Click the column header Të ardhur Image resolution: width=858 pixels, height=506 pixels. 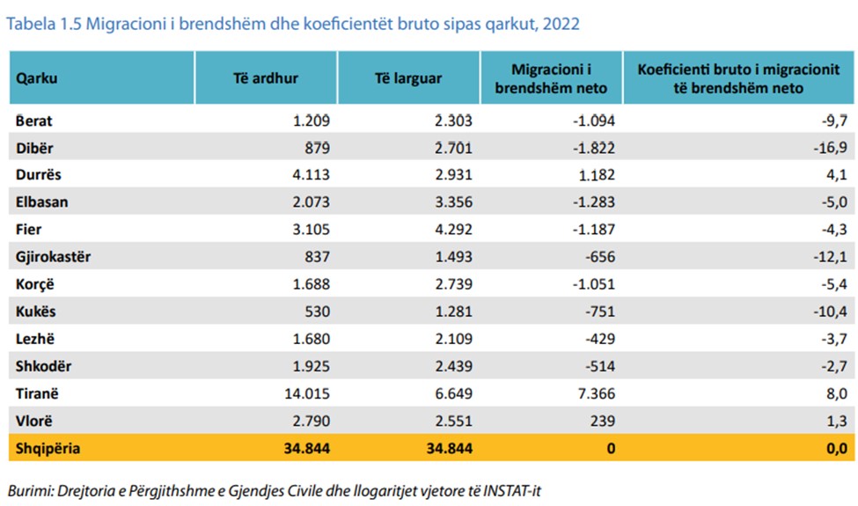266,77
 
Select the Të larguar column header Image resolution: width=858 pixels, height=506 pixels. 408,77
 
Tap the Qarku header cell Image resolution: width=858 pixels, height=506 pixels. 37,77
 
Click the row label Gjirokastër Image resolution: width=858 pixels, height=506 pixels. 53,257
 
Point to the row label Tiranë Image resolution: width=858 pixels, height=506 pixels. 38,393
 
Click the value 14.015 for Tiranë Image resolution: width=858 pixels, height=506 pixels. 304,393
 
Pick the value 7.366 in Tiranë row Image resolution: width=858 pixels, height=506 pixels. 595,393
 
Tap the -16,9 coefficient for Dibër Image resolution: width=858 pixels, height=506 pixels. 831,148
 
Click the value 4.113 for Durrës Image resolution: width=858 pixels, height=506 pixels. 310,175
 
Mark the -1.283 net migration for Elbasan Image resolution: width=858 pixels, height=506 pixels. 591,202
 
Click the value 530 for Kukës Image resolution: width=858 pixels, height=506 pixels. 317,312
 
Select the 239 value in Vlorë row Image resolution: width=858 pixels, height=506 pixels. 603,421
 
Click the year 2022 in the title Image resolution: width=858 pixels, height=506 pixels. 561,24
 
